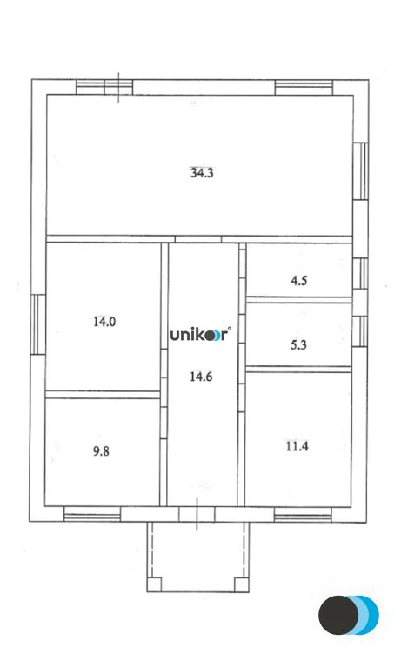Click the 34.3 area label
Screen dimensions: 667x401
tap(202, 172)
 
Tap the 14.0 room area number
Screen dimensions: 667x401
tap(104, 321)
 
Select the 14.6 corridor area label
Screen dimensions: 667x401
tap(202, 377)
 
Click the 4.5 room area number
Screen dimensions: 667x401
tap(298, 280)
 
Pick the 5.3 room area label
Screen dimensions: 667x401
tap(298, 343)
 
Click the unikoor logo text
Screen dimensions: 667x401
tap(199, 335)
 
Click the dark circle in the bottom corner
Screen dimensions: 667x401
tap(338, 615)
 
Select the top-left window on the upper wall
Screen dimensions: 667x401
tap(104, 87)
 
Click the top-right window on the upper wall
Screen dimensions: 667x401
tap(304, 87)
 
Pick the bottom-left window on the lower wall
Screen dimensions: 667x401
tap(92, 515)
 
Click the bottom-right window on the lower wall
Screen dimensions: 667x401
tap(303, 515)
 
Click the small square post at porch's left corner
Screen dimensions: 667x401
tap(155, 584)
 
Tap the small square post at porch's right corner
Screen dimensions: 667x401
tap(243, 584)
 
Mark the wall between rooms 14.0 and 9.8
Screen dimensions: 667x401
tap(103, 394)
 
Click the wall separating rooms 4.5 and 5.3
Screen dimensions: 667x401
tap(298, 300)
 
